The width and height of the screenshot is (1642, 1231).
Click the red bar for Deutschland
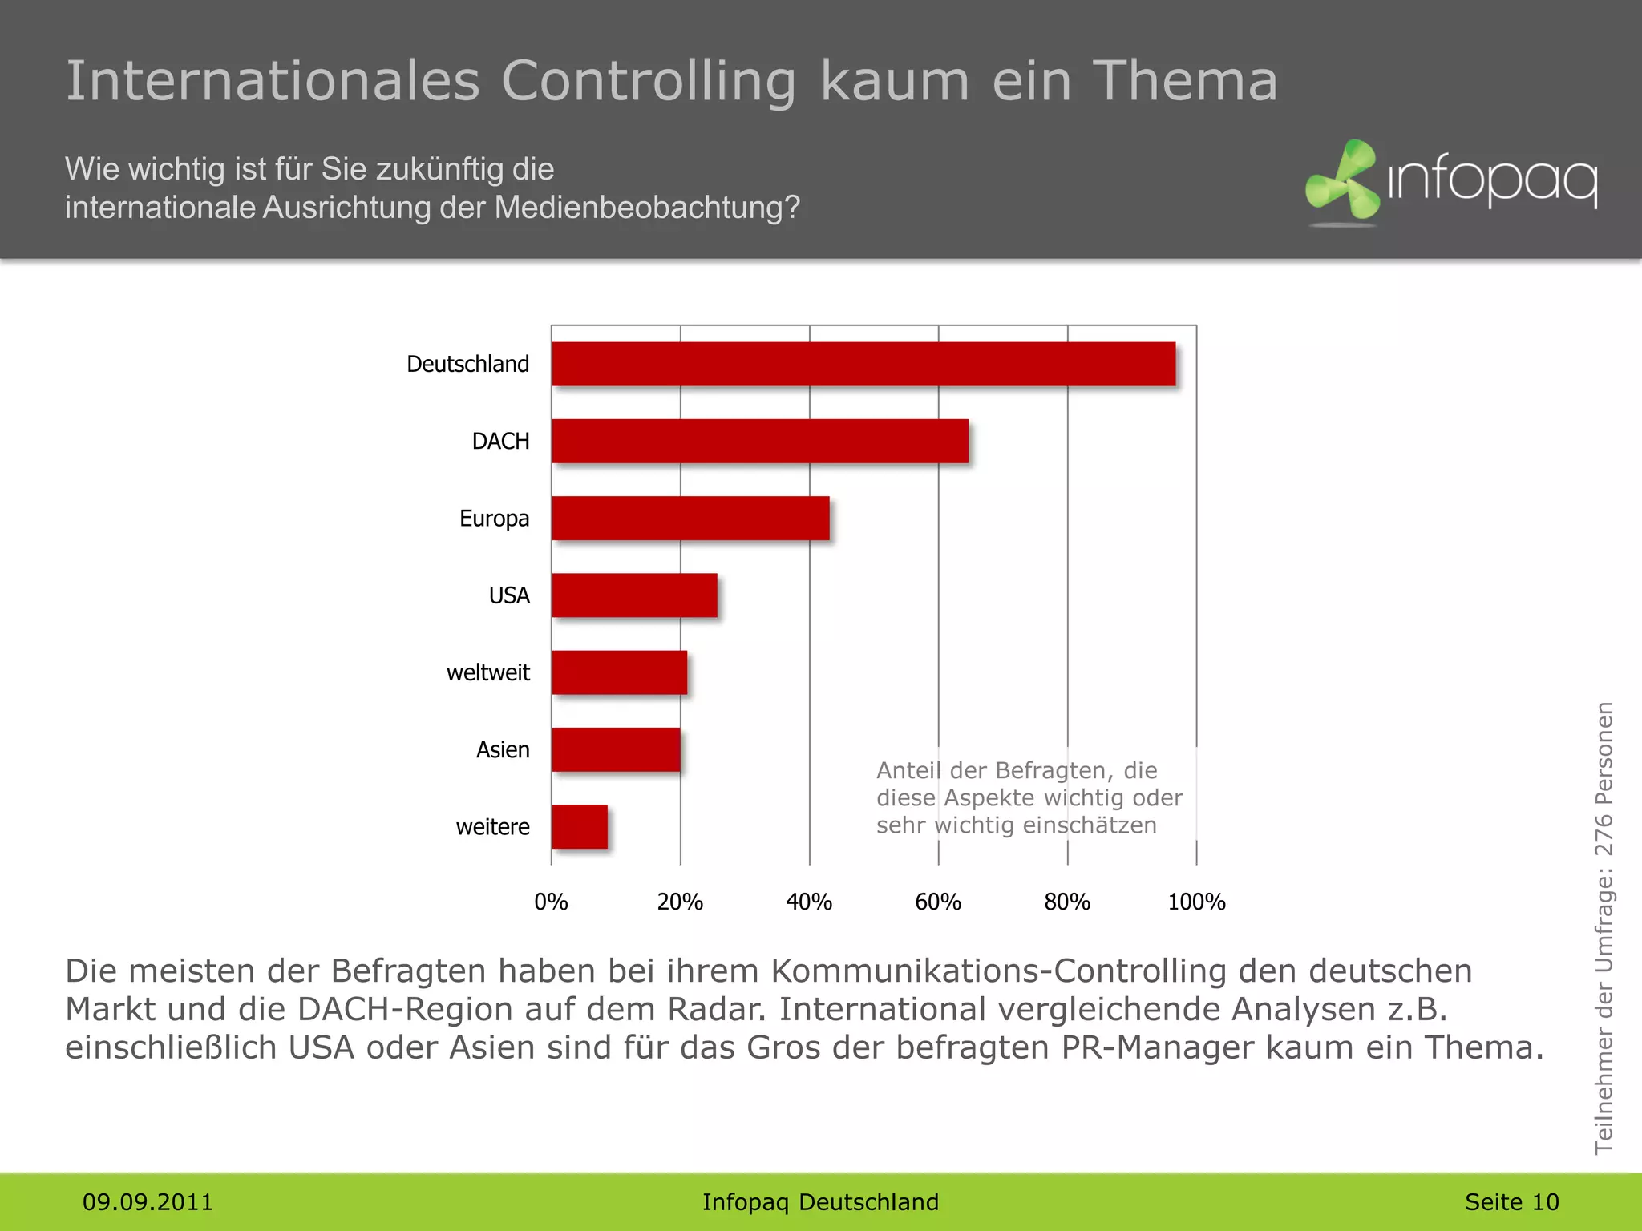[x=863, y=364]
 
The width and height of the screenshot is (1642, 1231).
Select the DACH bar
[x=760, y=441]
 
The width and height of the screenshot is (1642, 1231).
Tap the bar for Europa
[x=690, y=518]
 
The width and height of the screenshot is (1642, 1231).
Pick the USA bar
[x=634, y=595]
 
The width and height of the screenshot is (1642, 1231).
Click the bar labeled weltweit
[x=619, y=672]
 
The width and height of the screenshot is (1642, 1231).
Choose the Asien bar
[x=616, y=749]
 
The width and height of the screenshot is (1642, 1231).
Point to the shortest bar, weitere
[x=579, y=826]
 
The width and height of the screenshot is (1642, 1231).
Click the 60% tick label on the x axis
[x=937, y=902]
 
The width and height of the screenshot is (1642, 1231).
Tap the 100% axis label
[x=1195, y=902]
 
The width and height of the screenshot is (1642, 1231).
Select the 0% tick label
[x=551, y=902]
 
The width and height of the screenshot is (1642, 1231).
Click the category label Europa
[x=494, y=519]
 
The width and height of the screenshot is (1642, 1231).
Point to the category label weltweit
[x=487, y=672]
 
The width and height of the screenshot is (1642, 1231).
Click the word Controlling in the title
[x=649, y=83]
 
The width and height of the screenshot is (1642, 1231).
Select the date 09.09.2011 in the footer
[x=148, y=1202]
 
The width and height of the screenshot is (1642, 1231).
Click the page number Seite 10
[x=1511, y=1202]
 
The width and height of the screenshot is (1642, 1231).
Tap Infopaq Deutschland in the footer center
[x=820, y=1202]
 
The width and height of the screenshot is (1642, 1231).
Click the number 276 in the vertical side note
[x=1603, y=836]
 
